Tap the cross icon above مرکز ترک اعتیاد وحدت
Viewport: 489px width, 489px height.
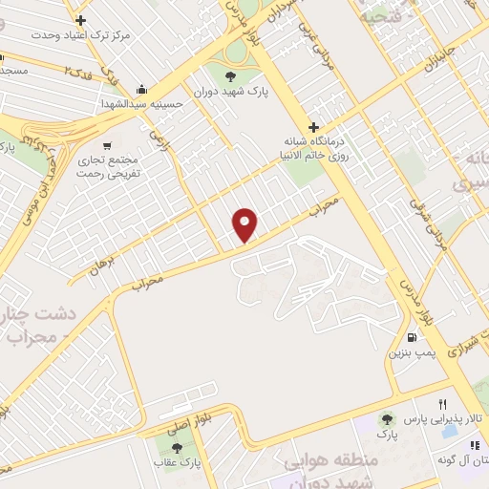(x=79, y=20)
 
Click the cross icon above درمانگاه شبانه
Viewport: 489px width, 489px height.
(x=312, y=127)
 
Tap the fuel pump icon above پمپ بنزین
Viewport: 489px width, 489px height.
(x=412, y=336)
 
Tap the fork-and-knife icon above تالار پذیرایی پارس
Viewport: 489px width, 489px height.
(x=442, y=404)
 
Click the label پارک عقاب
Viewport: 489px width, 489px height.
(x=174, y=463)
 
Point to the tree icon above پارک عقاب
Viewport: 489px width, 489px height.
(x=175, y=447)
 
